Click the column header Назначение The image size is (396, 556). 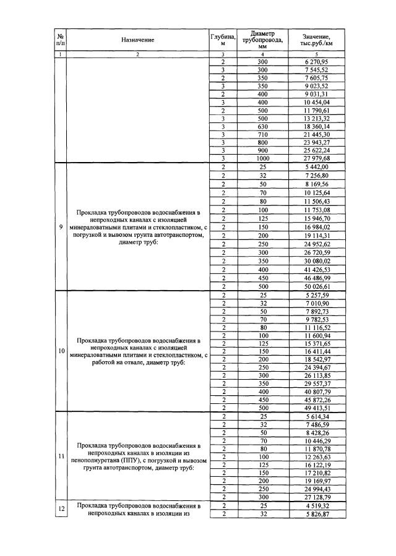(x=137, y=40)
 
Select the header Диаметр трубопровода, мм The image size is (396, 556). (x=262, y=40)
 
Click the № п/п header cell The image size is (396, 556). (x=60, y=40)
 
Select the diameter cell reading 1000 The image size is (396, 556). (x=262, y=158)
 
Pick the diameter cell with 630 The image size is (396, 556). (x=262, y=126)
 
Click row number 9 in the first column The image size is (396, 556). (x=61, y=227)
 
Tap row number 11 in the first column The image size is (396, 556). (x=61, y=456)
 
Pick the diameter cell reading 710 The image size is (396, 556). (x=262, y=134)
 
